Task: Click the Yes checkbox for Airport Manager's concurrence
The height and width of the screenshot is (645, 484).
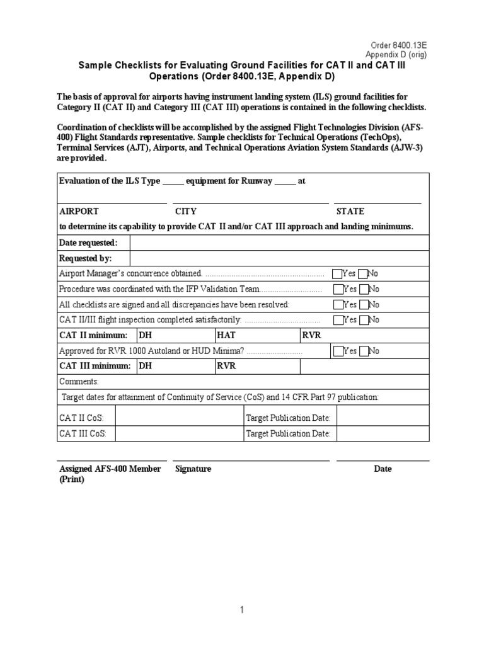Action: [x=338, y=274]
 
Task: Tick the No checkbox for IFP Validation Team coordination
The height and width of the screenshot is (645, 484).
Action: [x=363, y=289]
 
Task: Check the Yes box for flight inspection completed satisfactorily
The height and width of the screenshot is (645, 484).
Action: [x=338, y=320]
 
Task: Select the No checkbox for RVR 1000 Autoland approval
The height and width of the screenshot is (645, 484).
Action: [x=363, y=351]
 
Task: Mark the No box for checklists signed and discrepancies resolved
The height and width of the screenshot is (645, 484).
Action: [x=363, y=305]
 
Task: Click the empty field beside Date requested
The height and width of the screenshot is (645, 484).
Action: [x=279, y=243]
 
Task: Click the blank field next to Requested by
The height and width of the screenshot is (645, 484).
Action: [x=279, y=259]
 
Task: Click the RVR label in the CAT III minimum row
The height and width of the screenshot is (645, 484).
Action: [x=226, y=367]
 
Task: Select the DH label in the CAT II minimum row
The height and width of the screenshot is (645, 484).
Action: [x=145, y=336]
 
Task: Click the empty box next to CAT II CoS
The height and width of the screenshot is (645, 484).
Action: [x=178, y=418]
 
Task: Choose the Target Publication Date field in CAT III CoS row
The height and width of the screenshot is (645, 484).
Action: [x=383, y=434]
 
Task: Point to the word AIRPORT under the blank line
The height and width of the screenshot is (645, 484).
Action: [x=79, y=212]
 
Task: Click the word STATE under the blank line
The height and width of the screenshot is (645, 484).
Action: [x=350, y=212]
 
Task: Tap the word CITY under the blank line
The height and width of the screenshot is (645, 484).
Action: [x=186, y=212]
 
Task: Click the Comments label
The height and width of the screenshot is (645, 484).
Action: [x=79, y=382]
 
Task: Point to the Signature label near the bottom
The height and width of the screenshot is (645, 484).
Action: [x=193, y=469]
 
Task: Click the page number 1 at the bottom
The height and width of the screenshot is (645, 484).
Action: [x=240, y=610]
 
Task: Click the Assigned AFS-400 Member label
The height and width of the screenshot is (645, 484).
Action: [x=110, y=469]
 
